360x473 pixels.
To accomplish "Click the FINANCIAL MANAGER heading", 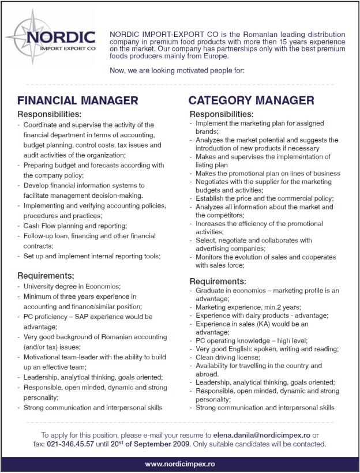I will tap(78, 100).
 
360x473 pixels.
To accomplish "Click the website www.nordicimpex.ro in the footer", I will tap(180, 464).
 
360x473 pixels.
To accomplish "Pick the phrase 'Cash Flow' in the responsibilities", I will tap(39, 226).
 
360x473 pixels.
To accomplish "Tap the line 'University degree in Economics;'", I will tap(72, 286).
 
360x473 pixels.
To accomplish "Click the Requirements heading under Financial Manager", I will tap(46, 275).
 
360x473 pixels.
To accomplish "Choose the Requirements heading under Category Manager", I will tap(218, 281).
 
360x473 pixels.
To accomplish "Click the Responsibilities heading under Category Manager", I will tap(222, 114).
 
